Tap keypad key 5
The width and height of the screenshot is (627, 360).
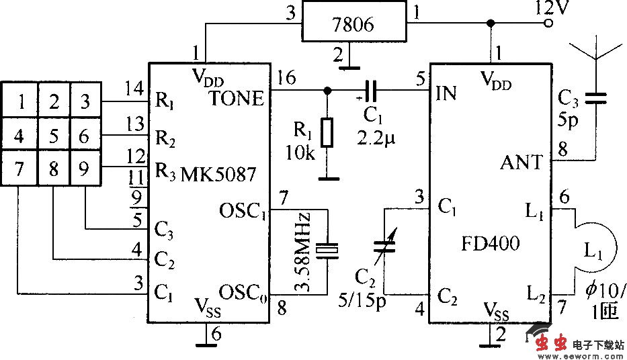[x=53, y=136]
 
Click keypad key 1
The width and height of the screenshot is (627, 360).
[x=22, y=103]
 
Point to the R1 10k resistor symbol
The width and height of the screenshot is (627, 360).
[x=327, y=132]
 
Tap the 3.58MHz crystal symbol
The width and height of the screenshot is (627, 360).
[x=327, y=251]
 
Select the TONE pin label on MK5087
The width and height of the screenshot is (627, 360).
[x=236, y=98]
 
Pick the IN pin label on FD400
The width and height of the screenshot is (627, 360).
[x=446, y=93]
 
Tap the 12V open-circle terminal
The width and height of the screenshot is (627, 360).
[x=548, y=24]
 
